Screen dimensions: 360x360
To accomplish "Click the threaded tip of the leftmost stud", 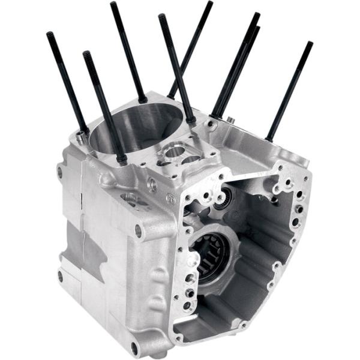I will pos(49,36).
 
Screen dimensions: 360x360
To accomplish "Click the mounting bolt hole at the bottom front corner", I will pos(134,347).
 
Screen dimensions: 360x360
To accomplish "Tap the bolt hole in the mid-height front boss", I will pos(139,230).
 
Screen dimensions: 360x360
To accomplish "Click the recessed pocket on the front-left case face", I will pos(129,198).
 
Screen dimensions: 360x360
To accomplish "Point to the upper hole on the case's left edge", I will pos(59,173).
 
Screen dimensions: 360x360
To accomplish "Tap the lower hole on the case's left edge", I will pos(60,276).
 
